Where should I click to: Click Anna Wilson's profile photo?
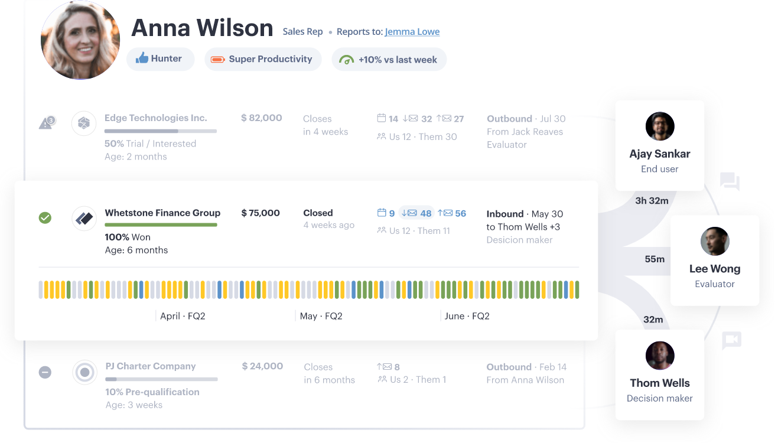pyautogui.click(x=80, y=40)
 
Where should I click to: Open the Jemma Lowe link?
pyautogui.click(x=412, y=32)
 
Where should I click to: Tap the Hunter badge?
pyautogui.click(x=159, y=59)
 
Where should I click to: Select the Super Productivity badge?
pyautogui.click(x=263, y=59)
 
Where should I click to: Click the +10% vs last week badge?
pyautogui.click(x=389, y=60)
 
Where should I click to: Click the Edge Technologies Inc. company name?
pyautogui.click(x=155, y=118)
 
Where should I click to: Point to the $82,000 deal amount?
pyautogui.click(x=261, y=118)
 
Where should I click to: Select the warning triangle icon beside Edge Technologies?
pyautogui.click(x=46, y=123)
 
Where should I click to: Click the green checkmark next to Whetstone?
pyautogui.click(x=45, y=218)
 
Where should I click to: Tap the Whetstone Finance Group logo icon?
pyautogui.click(x=84, y=219)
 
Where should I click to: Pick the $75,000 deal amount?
pyautogui.click(x=261, y=213)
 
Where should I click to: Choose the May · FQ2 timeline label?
pyautogui.click(x=321, y=316)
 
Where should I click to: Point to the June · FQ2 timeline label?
pyautogui.click(x=467, y=316)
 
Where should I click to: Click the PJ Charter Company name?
pyautogui.click(x=151, y=366)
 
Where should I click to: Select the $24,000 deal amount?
pyautogui.click(x=262, y=366)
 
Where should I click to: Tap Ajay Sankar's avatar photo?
pyautogui.click(x=660, y=126)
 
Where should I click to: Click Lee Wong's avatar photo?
pyautogui.click(x=715, y=242)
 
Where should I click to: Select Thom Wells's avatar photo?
pyautogui.click(x=660, y=356)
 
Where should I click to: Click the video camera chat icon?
pyautogui.click(x=731, y=340)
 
